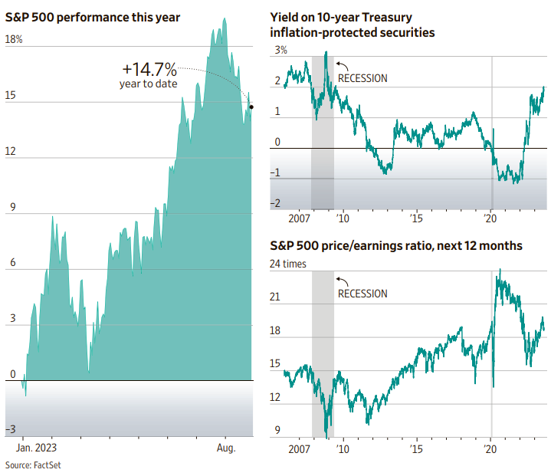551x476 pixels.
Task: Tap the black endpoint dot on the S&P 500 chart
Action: point(251,107)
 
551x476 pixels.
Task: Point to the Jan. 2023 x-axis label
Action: point(37,447)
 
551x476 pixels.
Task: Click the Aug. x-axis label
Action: point(226,447)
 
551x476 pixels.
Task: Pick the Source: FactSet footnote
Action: point(30,465)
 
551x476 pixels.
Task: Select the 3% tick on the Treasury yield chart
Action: point(280,50)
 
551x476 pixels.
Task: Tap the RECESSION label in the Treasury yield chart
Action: point(363,78)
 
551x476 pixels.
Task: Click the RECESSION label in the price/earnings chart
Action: point(363,294)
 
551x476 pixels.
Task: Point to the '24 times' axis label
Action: point(288,264)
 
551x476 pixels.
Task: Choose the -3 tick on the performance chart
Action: point(11,429)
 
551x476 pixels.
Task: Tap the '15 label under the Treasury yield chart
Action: point(415,218)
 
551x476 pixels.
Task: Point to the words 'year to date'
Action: point(148,83)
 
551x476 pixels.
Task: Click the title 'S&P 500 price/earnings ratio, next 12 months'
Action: point(396,246)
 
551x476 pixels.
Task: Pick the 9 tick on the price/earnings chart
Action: point(277,430)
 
